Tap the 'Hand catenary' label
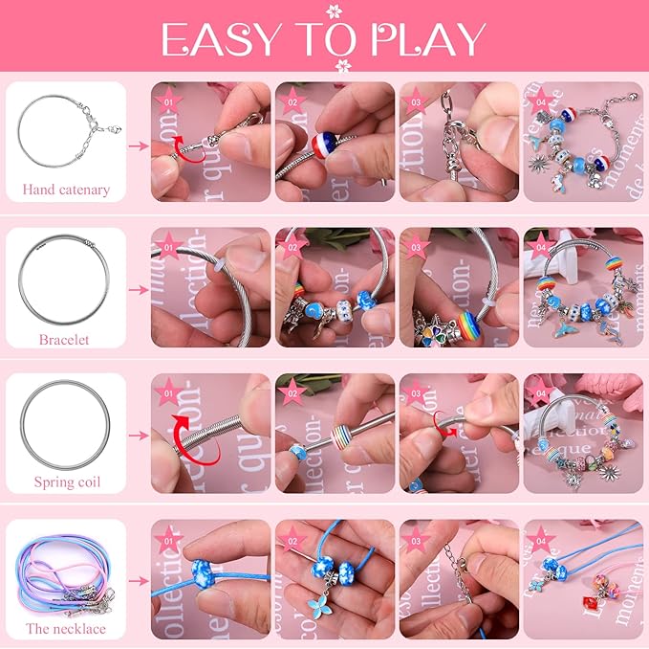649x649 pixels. (x=66, y=190)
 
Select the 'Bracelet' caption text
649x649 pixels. (x=64, y=339)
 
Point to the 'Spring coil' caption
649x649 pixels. (x=66, y=481)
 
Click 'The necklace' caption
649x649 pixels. (x=66, y=629)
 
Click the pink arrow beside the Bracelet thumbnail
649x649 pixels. (x=140, y=290)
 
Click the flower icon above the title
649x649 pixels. (x=335, y=11)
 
